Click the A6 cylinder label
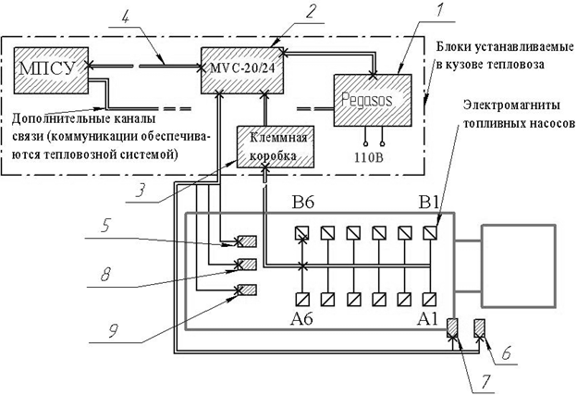click(302, 320)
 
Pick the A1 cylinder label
click(427, 320)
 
